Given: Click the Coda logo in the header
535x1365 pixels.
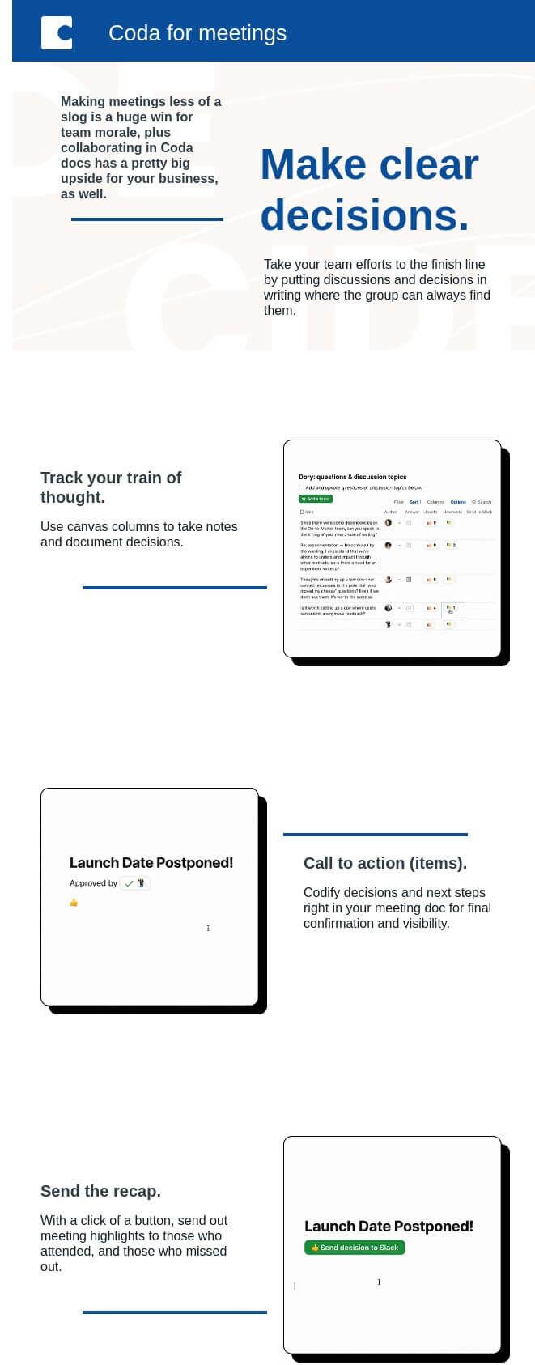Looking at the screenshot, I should click(57, 32).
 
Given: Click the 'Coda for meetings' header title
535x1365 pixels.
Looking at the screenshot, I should click(197, 33).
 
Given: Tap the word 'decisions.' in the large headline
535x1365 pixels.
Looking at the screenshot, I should click(364, 215).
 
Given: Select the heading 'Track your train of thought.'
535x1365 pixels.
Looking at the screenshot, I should click(111, 487).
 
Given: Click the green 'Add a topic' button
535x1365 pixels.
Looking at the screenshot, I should click(316, 499).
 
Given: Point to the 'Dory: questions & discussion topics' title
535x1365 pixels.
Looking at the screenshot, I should click(352, 477).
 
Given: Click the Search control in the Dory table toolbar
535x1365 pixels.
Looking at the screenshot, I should click(482, 502).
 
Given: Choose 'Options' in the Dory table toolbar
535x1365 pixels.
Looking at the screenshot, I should click(458, 502).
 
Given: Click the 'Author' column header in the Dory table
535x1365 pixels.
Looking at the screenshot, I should click(390, 512).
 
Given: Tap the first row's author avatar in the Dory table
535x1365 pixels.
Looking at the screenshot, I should click(389, 523).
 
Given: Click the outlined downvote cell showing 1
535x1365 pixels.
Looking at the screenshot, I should click(452, 609).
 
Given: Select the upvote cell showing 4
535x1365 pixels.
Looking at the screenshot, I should click(431, 608).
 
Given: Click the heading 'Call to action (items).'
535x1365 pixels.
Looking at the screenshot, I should click(384, 863).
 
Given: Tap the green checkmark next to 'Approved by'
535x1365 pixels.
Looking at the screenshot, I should click(129, 883).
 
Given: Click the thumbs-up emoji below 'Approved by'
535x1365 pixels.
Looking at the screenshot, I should click(74, 902).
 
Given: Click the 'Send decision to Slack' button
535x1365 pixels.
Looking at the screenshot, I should click(355, 1248).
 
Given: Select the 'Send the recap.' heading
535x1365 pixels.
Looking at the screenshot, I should click(100, 1191).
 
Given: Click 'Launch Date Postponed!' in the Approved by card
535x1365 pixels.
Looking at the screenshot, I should click(151, 863).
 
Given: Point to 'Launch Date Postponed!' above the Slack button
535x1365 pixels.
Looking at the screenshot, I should click(389, 1227).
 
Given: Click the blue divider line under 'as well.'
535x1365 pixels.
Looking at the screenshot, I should click(146, 219).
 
